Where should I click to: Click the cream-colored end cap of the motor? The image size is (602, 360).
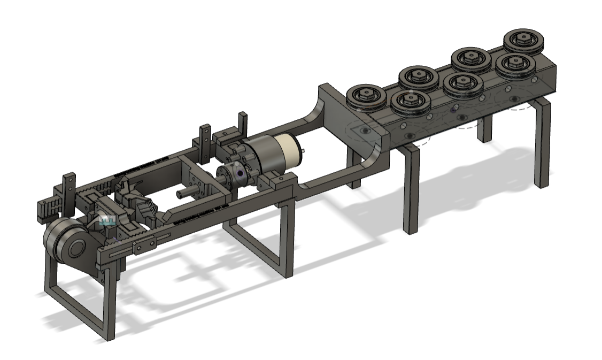click(x=288, y=150)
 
